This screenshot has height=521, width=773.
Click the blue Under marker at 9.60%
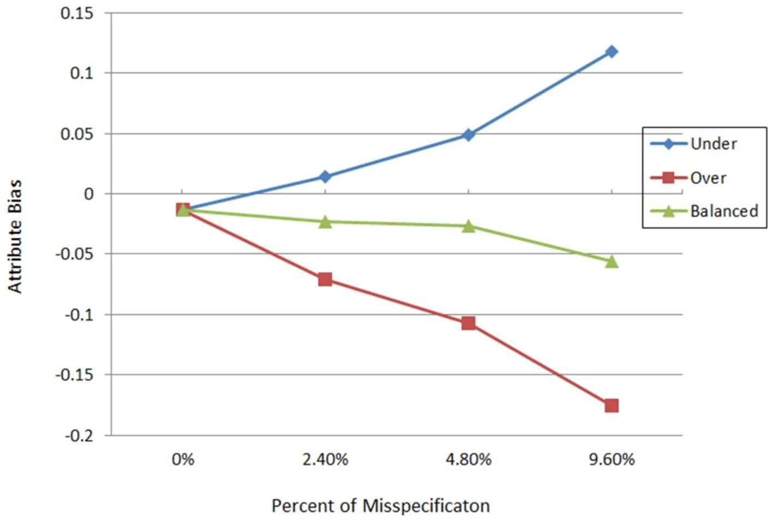[x=612, y=52]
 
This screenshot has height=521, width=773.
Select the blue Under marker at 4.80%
[x=468, y=135]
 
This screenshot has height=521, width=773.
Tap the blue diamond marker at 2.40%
[x=325, y=177]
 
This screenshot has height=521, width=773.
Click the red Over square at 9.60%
[x=612, y=405]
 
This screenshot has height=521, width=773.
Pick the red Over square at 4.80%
[x=468, y=323]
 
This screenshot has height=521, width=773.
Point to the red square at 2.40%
[x=325, y=280]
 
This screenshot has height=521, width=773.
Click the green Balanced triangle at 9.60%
[x=612, y=262]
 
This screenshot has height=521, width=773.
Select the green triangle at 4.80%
[x=468, y=226]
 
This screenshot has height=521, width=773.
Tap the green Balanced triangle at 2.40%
[x=325, y=222]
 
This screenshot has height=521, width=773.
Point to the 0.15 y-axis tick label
[x=77, y=13]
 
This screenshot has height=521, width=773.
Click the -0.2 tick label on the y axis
[x=79, y=435]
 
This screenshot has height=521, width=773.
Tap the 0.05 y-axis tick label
[x=77, y=134]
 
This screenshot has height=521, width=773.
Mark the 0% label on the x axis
[x=183, y=459]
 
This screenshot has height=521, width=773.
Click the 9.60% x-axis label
[x=612, y=459]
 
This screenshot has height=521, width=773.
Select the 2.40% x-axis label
[x=325, y=459]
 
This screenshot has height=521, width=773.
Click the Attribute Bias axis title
[x=15, y=236]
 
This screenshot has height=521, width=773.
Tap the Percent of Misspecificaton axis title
[x=380, y=506]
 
